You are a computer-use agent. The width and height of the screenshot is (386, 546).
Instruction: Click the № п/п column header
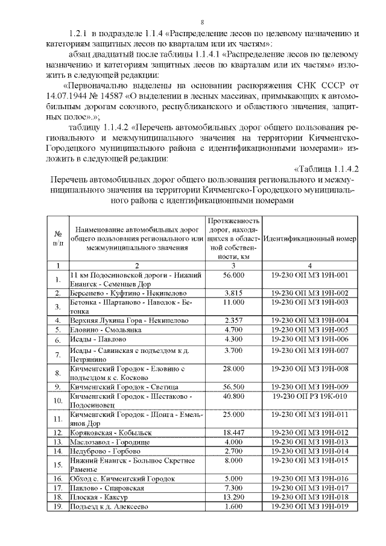pos(58,239)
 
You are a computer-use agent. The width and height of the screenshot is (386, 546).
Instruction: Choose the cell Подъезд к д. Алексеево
pos(109,506)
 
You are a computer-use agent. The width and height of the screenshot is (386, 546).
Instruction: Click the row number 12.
pos(58,433)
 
